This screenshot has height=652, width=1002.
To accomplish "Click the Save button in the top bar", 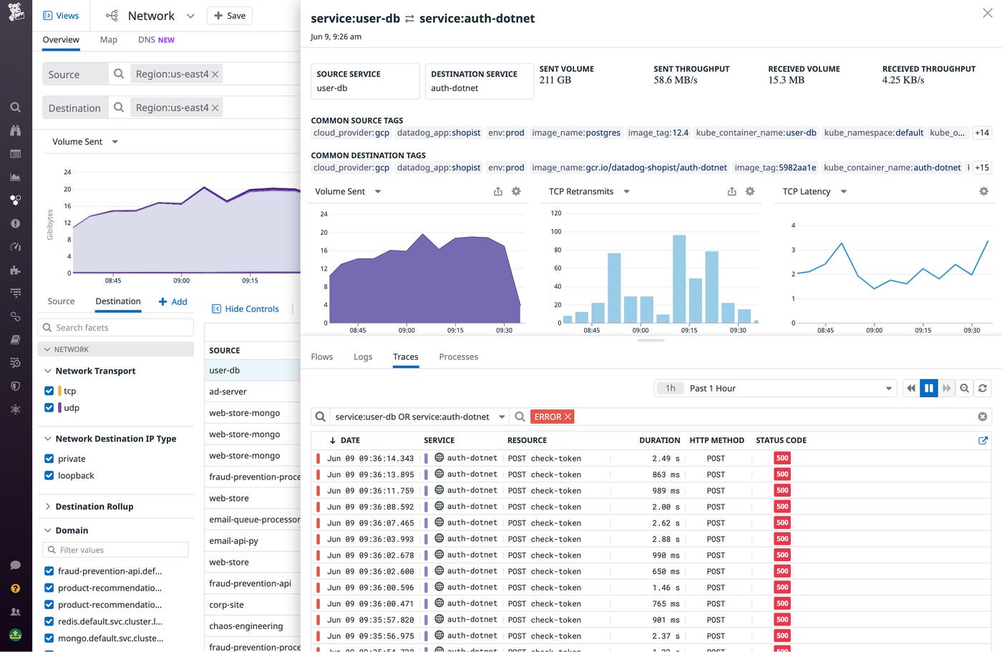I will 229,16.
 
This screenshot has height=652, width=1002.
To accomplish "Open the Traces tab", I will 405,356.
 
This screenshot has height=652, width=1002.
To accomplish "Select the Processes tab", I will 458,356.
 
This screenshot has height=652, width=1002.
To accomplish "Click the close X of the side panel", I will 988,14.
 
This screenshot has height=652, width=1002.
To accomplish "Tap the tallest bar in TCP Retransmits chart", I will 679,279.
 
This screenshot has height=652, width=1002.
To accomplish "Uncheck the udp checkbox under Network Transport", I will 49,407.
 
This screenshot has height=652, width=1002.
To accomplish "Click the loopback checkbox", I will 49,475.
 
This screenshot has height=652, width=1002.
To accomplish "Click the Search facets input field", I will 116,327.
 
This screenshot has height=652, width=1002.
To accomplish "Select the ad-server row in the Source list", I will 228,391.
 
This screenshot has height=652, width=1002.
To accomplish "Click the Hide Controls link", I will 245,308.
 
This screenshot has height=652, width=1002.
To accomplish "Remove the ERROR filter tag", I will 568,417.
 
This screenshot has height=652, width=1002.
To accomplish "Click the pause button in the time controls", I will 928,388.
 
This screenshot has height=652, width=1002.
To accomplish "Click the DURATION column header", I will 659,440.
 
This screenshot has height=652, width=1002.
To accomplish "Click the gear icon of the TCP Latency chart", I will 983,191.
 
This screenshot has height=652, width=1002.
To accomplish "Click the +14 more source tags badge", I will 981,132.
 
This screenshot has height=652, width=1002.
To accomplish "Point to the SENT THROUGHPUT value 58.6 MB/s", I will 675,80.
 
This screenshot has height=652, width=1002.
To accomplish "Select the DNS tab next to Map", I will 155,40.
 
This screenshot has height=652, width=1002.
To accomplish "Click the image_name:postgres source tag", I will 575,132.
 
